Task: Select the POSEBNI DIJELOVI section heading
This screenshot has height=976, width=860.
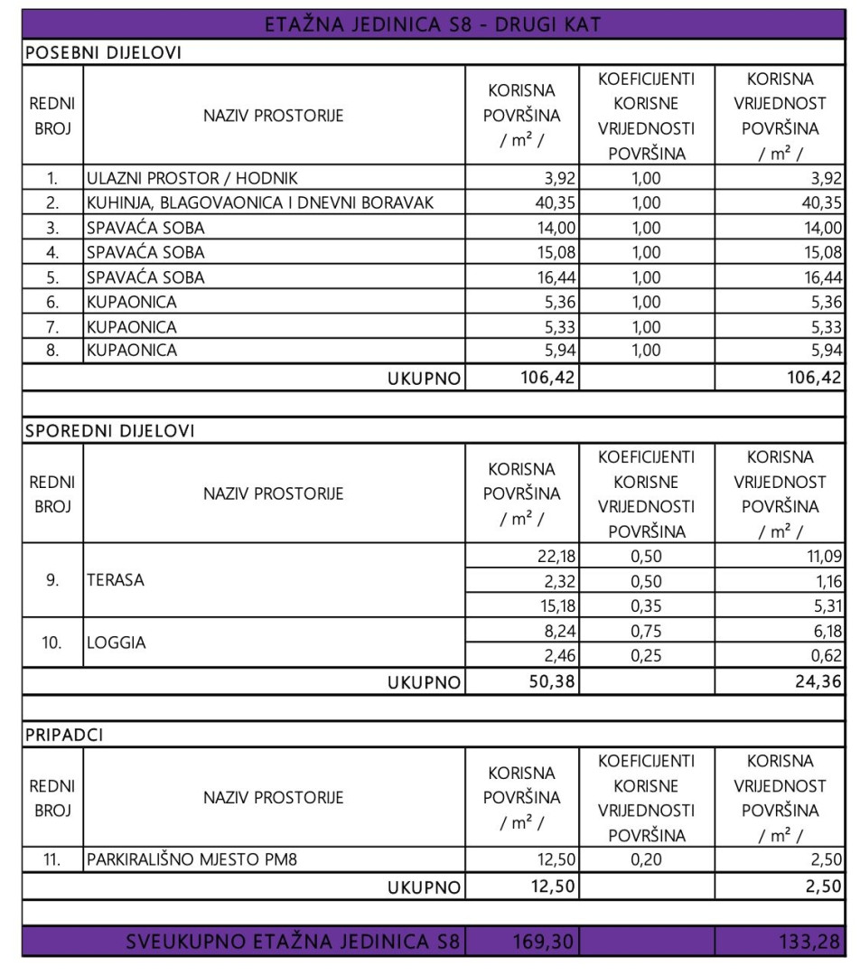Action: click(x=104, y=52)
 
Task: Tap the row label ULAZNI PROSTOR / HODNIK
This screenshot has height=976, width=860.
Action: click(x=192, y=178)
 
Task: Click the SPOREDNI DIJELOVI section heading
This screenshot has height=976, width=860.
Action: click(x=110, y=432)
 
